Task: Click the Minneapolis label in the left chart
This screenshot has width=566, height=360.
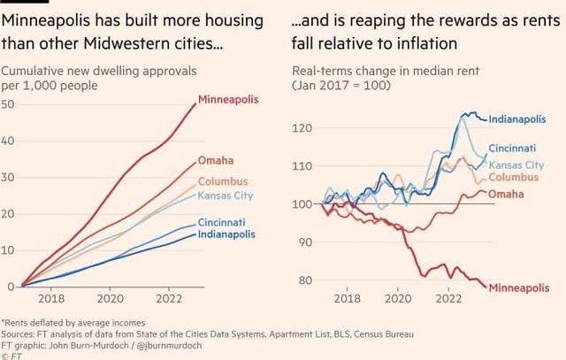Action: (228, 99)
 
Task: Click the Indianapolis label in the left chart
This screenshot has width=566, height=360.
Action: (227, 234)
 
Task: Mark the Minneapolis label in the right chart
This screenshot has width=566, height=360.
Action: (518, 288)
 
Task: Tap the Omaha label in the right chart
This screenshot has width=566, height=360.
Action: (506, 194)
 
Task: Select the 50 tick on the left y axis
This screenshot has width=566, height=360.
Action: (8, 104)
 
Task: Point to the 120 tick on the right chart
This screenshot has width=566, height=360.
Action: (302, 129)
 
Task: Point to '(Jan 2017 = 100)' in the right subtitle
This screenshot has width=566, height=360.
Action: (337, 85)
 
